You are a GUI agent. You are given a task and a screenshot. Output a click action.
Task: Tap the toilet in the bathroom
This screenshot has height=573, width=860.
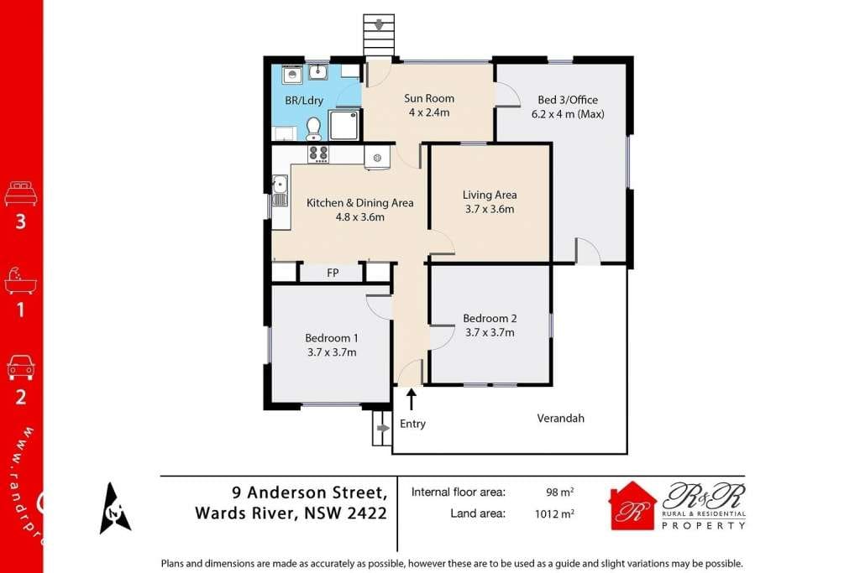313,128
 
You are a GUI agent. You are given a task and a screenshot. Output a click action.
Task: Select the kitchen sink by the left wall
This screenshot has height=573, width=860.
280,190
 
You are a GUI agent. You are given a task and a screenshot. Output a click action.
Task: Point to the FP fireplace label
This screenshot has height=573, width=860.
333,273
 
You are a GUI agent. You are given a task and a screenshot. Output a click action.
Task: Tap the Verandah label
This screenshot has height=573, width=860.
560,418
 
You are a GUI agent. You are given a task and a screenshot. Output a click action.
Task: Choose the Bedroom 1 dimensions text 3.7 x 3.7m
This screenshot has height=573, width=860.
332,352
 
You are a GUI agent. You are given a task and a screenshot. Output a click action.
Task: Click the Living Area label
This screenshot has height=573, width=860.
489,195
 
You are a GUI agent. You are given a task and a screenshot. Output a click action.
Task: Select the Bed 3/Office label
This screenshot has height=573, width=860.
568,100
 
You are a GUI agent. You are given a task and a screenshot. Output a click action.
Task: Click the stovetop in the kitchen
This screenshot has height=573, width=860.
318,154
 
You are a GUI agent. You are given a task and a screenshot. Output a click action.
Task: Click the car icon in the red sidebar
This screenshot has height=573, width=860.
21,367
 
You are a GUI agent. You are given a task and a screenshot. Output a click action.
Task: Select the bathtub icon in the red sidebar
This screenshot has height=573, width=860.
21,280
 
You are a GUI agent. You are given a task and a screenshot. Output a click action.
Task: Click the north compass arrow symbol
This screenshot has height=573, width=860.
115,508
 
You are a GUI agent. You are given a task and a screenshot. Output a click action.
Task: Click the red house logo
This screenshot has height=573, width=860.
632,506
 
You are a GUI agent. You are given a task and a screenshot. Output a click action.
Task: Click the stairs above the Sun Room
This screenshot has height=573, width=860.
379,35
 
